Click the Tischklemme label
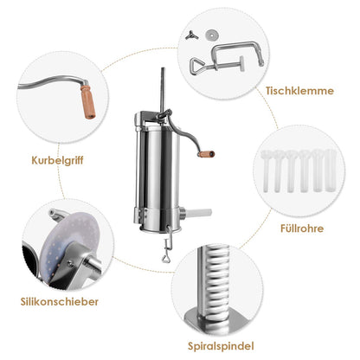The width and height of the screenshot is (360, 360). tap(299, 91)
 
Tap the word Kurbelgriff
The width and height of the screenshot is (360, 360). tap(57, 160)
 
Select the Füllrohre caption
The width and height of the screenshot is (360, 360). tap(302, 228)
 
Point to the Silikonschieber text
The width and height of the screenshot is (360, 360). tap(60, 302)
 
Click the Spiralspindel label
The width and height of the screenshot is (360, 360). tap(221, 346)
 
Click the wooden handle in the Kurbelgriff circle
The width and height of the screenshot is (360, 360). tap(87, 101)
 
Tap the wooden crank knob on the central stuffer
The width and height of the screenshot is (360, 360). tap(207, 154)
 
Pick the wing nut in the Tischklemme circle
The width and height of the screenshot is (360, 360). tap(191, 35)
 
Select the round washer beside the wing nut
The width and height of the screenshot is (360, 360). tap(211, 35)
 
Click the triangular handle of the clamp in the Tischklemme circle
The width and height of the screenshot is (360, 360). tap(197, 66)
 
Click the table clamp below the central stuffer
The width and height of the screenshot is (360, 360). tap(168, 244)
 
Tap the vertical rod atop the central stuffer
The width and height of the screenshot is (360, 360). tap(163, 89)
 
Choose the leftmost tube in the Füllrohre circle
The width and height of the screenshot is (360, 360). tap(266, 170)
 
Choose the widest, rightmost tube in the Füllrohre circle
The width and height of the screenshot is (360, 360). tap(331, 170)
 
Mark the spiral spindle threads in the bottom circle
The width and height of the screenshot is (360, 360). tap(218, 280)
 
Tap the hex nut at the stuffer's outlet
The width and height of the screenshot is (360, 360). tap(182, 214)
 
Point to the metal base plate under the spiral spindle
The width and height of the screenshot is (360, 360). tap(218, 319)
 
